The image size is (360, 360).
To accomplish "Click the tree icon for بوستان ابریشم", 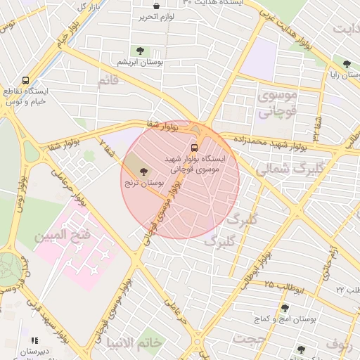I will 141,50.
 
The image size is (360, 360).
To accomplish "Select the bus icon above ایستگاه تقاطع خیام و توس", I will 26,80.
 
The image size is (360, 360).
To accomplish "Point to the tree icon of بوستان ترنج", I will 144,171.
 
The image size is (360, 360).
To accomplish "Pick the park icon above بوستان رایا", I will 346,64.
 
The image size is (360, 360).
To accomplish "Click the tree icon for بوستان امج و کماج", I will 285,308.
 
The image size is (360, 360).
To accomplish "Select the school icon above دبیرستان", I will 34,340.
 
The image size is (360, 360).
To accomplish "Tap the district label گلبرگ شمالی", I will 281,169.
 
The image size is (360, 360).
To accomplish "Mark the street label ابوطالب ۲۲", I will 347,289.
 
